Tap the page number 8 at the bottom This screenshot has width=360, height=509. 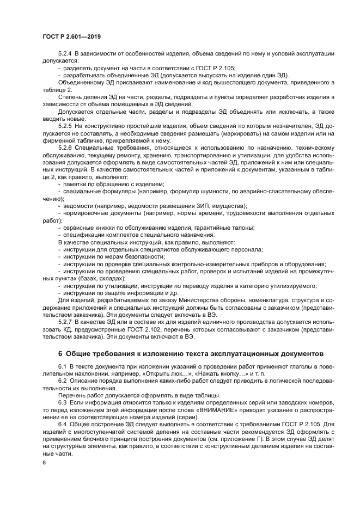click(44, 462)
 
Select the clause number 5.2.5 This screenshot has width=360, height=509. click(65, 126)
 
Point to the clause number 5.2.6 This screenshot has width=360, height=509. click(65, 148)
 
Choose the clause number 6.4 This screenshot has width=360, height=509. click(62, 423)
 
